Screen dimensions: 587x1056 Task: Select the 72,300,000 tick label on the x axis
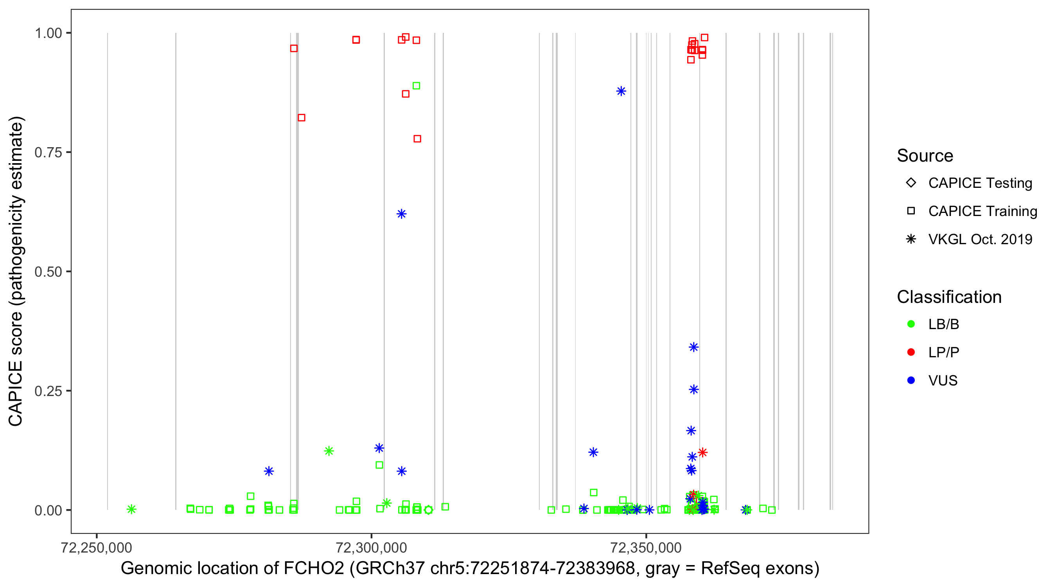[371, 547]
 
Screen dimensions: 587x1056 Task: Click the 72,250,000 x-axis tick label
[96, 547]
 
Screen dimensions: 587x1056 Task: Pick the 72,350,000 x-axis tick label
[646, 547]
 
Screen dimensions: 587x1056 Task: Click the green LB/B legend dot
[911, 324]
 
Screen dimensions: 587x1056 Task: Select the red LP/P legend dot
[911, 352]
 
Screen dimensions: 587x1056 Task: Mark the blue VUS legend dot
[911, 380]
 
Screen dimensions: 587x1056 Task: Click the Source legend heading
[925, 156]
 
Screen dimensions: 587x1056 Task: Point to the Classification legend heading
[949, 297]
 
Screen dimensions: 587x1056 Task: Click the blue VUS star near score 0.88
[621, 91]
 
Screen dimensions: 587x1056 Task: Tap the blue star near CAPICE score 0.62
[401, 214]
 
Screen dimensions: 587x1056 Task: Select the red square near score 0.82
[301, 118]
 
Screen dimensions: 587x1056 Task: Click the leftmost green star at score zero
[131, 509]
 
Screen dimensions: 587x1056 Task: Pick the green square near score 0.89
[416, 86]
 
